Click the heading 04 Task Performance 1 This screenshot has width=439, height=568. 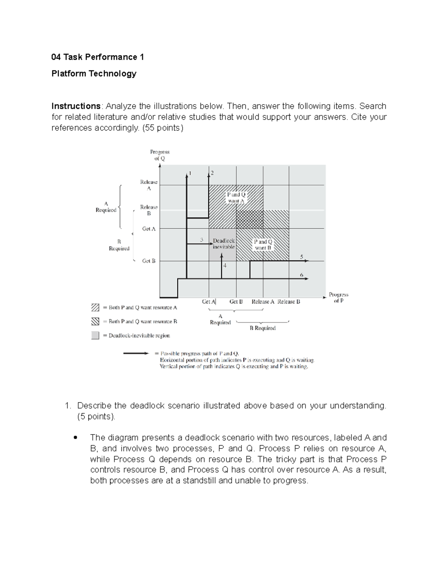tap(98, 57)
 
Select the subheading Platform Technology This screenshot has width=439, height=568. tap(94, 74)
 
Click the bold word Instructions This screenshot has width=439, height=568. tap(76, 106)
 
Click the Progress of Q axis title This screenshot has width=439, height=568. tap(160, 155)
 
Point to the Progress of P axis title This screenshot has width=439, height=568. tap(338, 297)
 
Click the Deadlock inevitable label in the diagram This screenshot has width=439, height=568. tap(224, 244)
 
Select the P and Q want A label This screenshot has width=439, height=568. tap(236, 198)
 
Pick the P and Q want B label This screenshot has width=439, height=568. tap(263, 245)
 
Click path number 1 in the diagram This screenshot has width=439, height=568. tap(190, 173)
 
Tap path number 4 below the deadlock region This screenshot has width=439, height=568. tap(225, 266)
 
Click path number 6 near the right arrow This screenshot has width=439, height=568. tap(302, 275)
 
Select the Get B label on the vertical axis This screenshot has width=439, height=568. tap(149, 261)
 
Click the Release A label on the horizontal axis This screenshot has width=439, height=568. tap(263, 302)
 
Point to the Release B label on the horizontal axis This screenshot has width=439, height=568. tap(289, 302)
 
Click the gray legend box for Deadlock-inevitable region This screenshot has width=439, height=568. tap(95, 335)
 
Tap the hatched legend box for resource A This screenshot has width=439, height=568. tap(95, 307)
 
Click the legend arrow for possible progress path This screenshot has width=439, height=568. tap(136, 353)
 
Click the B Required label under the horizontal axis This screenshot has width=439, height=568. tap(262, 328)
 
